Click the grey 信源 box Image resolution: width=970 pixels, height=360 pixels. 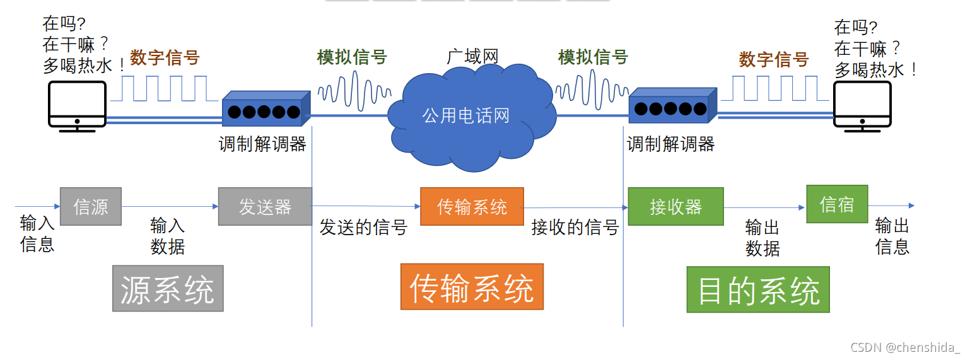click(91, 207)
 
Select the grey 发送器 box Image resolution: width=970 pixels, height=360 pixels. click(265, 206)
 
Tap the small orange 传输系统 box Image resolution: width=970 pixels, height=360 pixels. click(472, 206)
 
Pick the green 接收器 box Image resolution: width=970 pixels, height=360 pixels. click(675, 206)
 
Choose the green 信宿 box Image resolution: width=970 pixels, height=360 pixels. click(837, 204)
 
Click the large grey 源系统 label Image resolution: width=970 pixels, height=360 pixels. click(168, 289)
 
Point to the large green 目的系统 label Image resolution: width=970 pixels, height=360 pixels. click(758, 289)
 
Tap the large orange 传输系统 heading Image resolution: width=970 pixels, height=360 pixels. click(472, 287)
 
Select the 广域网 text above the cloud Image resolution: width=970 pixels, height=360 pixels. click(472, 56)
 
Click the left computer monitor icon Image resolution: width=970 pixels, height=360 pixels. click(77, 105)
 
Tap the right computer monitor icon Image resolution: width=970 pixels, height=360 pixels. click(862, 105)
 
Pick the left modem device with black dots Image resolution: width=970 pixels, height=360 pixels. click(266, 110)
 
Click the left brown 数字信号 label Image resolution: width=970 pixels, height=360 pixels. click(165, 58)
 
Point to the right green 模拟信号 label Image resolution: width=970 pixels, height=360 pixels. click(593, 57)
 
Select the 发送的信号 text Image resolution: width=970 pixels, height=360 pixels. click(363, 228)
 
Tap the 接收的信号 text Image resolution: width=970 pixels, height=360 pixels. click(575, 228)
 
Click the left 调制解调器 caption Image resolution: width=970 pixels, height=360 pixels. click(262, 144)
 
